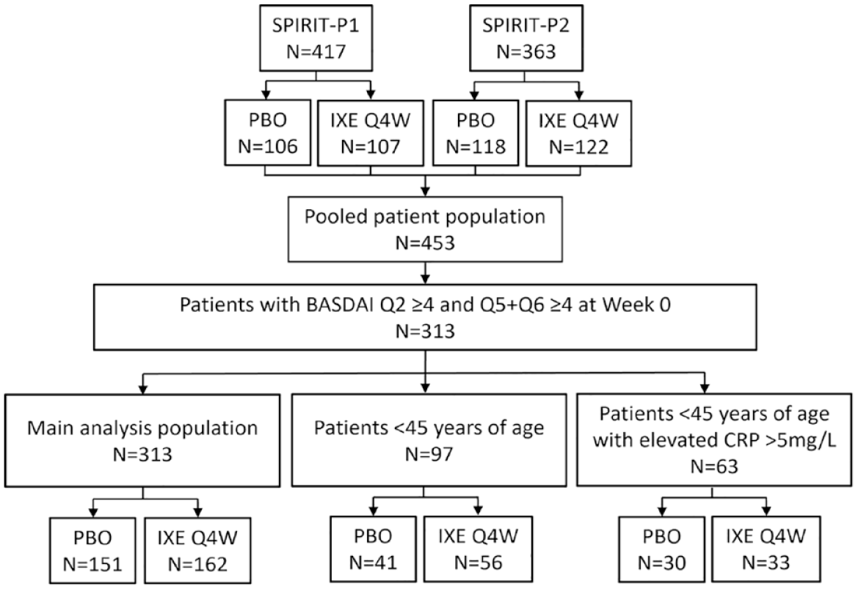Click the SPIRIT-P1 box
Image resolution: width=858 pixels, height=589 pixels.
[x=316, y=38]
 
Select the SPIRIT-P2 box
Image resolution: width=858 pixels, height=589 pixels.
[x=526, y=38]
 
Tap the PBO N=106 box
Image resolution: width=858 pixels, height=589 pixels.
[x=268, y=133]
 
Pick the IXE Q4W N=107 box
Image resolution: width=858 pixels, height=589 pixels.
[x=371, y=133]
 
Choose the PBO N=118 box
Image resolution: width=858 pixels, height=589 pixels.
[x=476, y=133]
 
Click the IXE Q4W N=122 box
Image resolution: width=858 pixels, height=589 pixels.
[x=578, y=133]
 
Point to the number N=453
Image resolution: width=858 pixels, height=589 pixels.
[x=425, y=242]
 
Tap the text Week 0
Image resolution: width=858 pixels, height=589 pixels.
[x=636, y=304]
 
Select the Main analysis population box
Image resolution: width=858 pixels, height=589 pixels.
[x=143, y=440]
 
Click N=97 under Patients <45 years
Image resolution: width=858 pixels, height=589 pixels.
[x=429, y=454]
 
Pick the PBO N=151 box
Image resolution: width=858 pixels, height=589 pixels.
[x=92, y=550]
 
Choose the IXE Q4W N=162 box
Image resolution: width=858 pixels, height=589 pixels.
[x=197, y=550]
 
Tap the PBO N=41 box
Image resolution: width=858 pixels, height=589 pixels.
[x=373, y=549]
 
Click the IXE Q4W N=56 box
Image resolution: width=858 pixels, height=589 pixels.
[x=479, y=549]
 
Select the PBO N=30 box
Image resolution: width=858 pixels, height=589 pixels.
[x=661, y=549]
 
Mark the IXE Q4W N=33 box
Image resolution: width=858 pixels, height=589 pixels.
[x=766, y=549]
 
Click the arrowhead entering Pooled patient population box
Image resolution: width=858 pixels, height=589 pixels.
[x=425, y=191]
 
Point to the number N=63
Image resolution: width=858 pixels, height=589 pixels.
[x=714, y=467]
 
